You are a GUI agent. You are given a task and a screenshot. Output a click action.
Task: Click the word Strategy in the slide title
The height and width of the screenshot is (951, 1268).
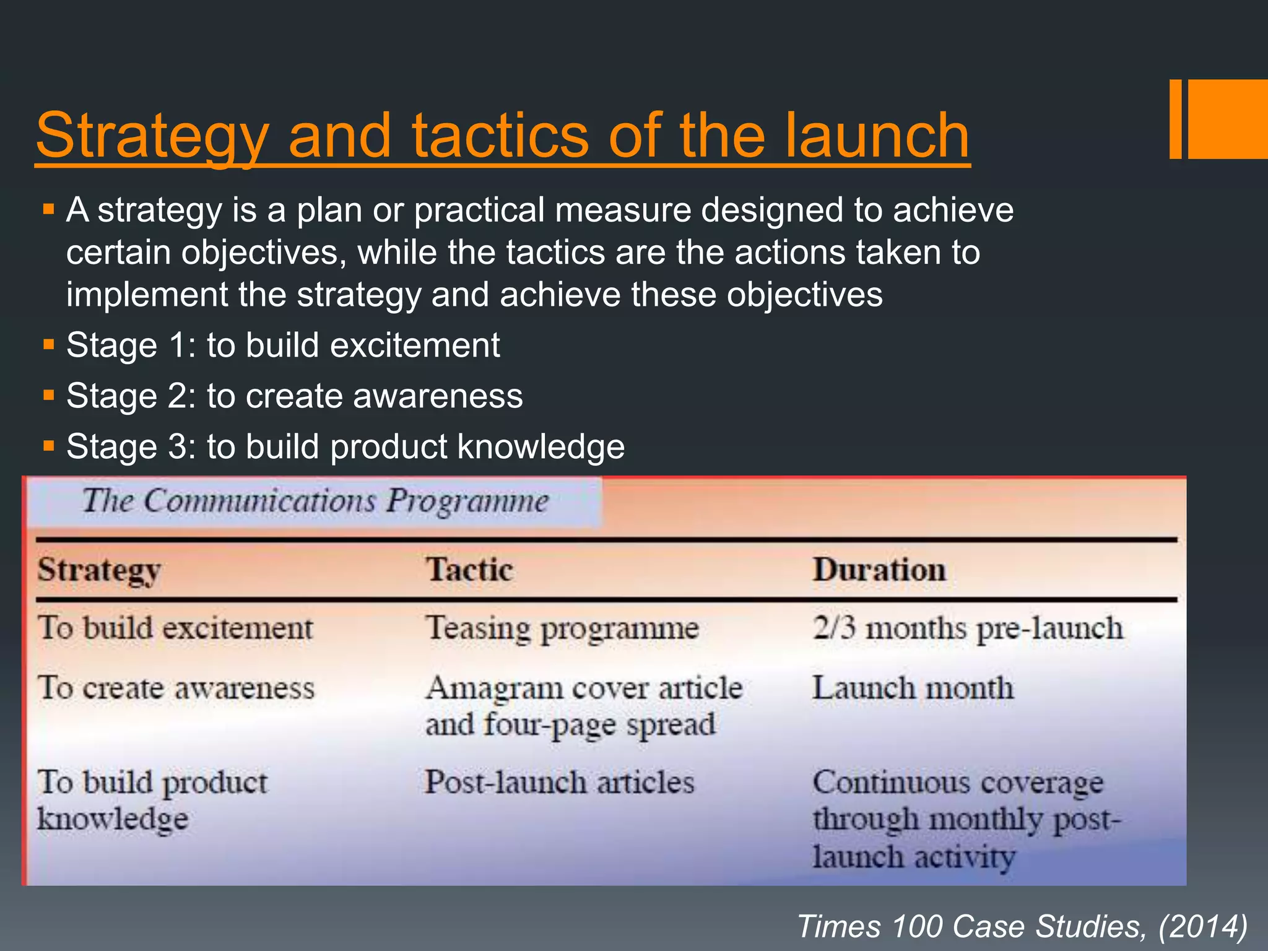[x=152, y=137]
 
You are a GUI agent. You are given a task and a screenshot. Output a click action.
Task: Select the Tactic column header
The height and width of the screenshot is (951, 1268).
[x=469, y=570]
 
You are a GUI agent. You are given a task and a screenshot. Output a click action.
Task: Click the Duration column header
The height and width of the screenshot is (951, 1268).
[x=879, y=570]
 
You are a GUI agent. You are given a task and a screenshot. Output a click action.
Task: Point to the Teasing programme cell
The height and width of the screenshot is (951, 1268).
[x=562, y=629]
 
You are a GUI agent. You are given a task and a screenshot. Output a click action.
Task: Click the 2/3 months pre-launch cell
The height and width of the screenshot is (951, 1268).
[x=968, y=628]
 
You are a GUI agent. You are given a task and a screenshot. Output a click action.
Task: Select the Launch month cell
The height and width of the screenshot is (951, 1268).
[x=913, y=688]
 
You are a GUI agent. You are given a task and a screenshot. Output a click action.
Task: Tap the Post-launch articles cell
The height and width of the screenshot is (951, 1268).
[x=559, y=782]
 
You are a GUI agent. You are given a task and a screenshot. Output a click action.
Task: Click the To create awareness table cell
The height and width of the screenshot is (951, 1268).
[x=176, y=688]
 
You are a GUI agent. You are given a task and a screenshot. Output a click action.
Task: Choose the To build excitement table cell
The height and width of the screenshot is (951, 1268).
[x=175, y=628]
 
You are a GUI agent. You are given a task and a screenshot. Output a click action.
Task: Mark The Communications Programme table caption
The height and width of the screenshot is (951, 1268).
[x=315, y=501]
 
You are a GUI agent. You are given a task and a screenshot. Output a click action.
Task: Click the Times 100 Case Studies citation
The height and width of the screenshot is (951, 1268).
[x=1022, y=926]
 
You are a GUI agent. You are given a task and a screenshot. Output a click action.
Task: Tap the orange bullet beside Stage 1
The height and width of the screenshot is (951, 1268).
[x=49, y=344]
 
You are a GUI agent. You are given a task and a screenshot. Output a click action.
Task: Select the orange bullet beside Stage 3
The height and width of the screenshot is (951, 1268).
[x=49, y=445]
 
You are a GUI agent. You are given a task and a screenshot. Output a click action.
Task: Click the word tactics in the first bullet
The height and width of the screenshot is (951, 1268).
[x=554, y=253]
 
